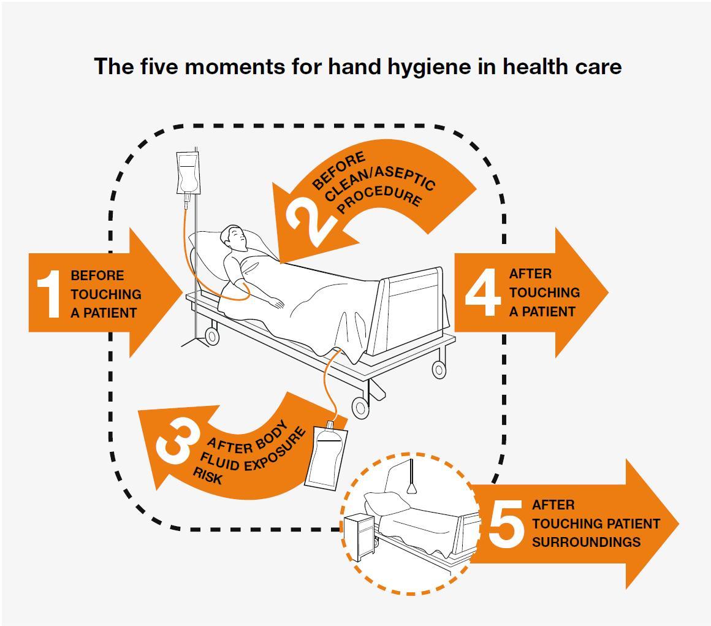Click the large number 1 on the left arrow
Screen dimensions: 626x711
click(x=49, y=294)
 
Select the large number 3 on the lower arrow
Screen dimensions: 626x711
click(x=178, y=443)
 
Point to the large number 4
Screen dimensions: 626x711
click(x=483, y=292)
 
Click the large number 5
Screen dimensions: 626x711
click(x=506, y=523)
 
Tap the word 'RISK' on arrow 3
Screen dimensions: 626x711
click(x=207, y=475)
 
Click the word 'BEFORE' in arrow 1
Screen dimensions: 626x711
click(x=97, y=275)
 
